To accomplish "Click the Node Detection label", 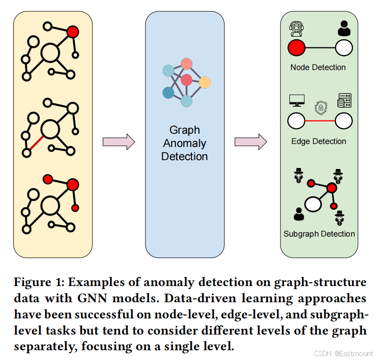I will pos(318,68).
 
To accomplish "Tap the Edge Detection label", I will pos(318,142).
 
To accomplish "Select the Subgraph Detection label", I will pos(319,234).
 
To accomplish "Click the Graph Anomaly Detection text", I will pos(185,144).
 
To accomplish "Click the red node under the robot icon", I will pos(297,48).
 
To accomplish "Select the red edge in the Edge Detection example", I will pos(320,120).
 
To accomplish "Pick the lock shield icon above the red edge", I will pos(320,106).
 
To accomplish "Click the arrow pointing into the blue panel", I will pos(118,142).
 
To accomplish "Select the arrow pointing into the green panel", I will pos(250,142).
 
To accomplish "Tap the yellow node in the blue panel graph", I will pos(205,83).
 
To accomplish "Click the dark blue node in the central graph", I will pos(168,92).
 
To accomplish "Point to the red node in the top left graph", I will pos(73,32).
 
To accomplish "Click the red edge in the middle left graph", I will pos(35,144).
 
